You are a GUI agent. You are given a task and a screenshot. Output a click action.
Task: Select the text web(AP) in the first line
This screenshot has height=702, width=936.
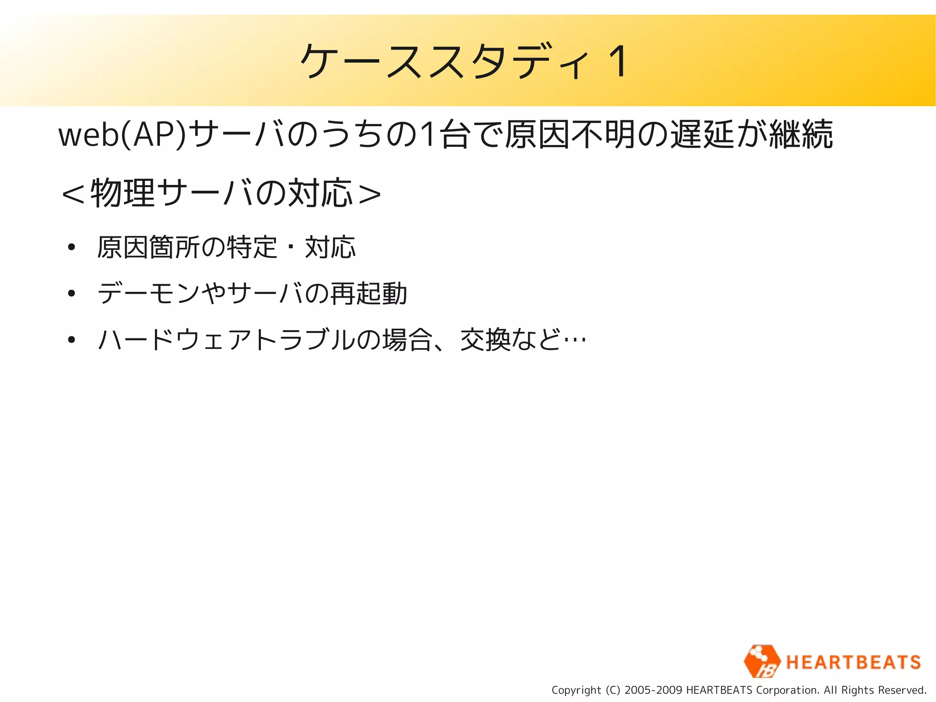[122, 135]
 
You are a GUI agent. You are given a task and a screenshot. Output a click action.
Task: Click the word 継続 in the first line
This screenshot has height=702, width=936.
[801, 134]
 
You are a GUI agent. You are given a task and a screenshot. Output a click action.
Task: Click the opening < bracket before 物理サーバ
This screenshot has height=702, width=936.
[73, 194]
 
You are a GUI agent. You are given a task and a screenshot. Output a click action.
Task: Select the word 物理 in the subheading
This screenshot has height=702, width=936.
[123, 193]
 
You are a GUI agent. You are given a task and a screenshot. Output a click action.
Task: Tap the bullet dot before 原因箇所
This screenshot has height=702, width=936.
[71, 247]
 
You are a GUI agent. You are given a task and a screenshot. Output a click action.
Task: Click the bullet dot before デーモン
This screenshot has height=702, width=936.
[71, 293]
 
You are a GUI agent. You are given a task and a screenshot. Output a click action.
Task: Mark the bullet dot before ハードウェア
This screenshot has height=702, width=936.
[71, 340]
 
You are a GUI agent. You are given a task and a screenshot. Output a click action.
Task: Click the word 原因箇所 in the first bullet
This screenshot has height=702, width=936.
[149, 247]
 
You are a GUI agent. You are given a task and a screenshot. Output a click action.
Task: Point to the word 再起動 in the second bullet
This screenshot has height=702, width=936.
[369, 293]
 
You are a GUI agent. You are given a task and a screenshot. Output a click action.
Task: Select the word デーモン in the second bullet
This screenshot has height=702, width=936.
[149, 293]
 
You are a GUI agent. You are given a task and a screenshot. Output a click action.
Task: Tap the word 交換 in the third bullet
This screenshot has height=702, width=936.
[485, 340]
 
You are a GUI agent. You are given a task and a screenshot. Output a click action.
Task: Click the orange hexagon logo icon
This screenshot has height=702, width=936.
[761, 661]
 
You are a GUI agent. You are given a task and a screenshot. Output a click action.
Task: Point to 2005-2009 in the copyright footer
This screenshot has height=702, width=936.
[653, 690]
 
